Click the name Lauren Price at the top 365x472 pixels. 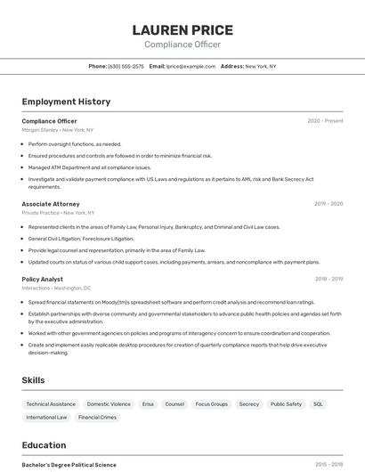point(182,30)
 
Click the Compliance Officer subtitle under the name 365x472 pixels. point(182,45)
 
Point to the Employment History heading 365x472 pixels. point(66,102)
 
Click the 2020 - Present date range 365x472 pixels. point(325,121)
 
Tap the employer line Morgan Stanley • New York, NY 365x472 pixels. point(58,130)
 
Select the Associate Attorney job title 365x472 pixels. point(51,204)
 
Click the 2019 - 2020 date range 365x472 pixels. point(328,204)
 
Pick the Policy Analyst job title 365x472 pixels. point(43,279)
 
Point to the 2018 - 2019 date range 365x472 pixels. point(328,279)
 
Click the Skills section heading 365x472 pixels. point(33,380)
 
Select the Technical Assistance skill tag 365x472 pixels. point(51,404)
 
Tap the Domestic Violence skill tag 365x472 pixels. point(109,404)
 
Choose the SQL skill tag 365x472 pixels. point(318,404)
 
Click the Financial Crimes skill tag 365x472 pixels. point(97,417)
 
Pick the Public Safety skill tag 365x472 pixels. point(286,404)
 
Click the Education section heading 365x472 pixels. point(44,445)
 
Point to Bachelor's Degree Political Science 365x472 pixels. point(69,465)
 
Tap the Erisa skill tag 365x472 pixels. point(148,404)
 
